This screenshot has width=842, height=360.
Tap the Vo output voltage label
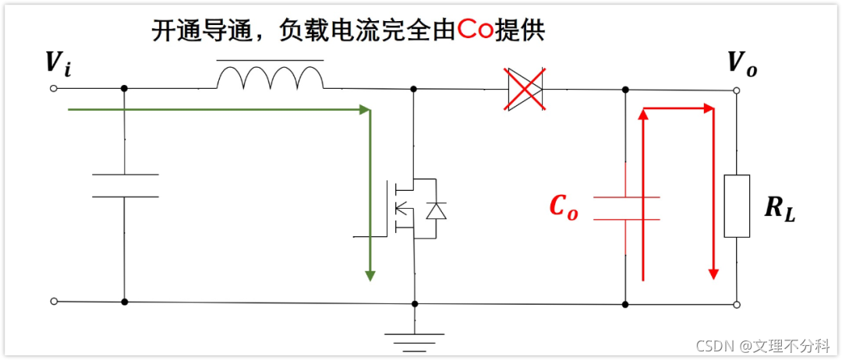tap(741, 63)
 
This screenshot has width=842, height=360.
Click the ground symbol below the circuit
tap(414, 336)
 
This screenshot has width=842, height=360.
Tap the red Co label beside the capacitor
tap(564, 206)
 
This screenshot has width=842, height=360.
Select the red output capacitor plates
tap(626, 207)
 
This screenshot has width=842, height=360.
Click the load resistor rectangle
tap(737, 206)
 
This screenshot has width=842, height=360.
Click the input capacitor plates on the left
tap(125, 185)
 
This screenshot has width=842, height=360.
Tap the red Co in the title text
tap(477, 31)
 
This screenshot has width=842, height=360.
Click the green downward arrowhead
tap(370, 276)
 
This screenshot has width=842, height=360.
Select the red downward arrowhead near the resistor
tap(713, 272)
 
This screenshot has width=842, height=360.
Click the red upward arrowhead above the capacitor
tap(643, 114)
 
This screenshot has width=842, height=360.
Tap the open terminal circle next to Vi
tap(53, 88)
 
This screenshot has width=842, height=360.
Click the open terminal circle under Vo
tap(738, 91)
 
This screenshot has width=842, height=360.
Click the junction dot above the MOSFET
tap(414, 89)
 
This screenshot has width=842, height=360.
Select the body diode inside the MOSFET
tap(437, 210)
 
